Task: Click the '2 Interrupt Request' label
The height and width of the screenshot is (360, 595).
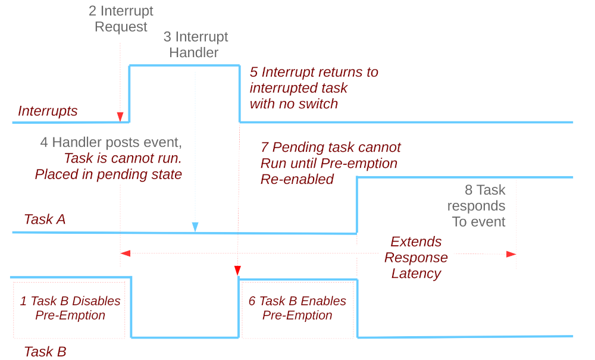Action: [121, 19]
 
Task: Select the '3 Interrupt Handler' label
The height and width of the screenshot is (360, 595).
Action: [195, 45]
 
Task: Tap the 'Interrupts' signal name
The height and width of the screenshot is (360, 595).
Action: [48, 111]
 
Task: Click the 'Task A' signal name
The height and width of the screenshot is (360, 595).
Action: [45, 219]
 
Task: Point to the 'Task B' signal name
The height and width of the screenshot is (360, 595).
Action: [45, 351]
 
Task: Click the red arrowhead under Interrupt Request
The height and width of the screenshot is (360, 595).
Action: [120, 116]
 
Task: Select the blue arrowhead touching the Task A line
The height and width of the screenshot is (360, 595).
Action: [195, 227]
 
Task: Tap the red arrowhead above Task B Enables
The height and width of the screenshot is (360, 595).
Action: [237, 271]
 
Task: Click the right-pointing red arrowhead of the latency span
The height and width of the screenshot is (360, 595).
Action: [511, 254]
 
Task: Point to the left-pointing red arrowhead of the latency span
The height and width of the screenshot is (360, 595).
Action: [125, 254]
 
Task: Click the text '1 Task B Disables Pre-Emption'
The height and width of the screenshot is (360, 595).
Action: [70, 308]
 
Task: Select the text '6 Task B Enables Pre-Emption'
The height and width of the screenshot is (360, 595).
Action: [297, 308]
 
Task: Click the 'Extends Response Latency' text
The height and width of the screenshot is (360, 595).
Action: [416, 258]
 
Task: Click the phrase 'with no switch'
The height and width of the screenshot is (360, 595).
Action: [293, 104]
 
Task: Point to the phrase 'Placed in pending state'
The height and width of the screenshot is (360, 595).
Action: [108, 174]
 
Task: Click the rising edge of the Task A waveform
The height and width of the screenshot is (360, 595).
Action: [357, 205]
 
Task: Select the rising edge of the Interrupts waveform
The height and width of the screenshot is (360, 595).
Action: [130, 94]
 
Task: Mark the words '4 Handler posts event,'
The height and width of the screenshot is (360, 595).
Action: [111, 142]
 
